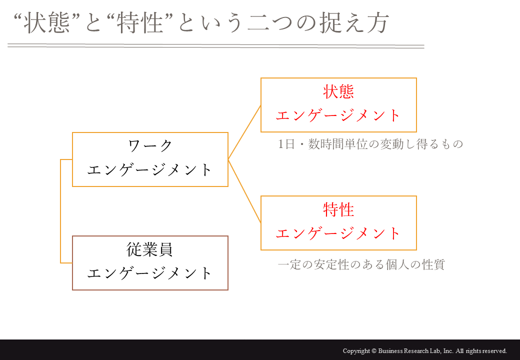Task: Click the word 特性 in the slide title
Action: pyautogui.click(x=140, y=23)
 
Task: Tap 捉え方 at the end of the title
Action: pyautogui.click(x=354, y=23)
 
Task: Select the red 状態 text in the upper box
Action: pyautogui.click(x=338, y=92)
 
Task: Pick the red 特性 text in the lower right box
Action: pyautogui.click(x=338, y=210)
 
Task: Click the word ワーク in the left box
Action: pyautogui.click(x=150, y=146)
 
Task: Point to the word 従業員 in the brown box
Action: pyautogui.click(x=150, y=249)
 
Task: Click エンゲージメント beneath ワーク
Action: pyautogui.click(x=150, y=170)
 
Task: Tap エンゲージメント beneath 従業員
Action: pyautogui.click(x=150, y=273)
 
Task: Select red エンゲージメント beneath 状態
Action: pyautogui.click(x=338, y=115)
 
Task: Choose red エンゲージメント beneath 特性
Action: pyautogui.click(x=338, y=233)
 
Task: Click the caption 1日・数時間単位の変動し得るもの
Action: pyautogui.click(x=370, y=144)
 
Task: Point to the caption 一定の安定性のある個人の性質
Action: pyautogui.click(x=361, y=264)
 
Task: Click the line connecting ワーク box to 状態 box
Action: pyautogui.click(x=244, y=132)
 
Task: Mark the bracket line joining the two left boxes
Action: pyautogui.click(x=60, y=211)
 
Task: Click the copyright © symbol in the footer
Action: pyautogui.click(x=374, y=351)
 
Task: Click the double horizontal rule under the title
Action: pyautogui.click(x=216, y=46)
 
